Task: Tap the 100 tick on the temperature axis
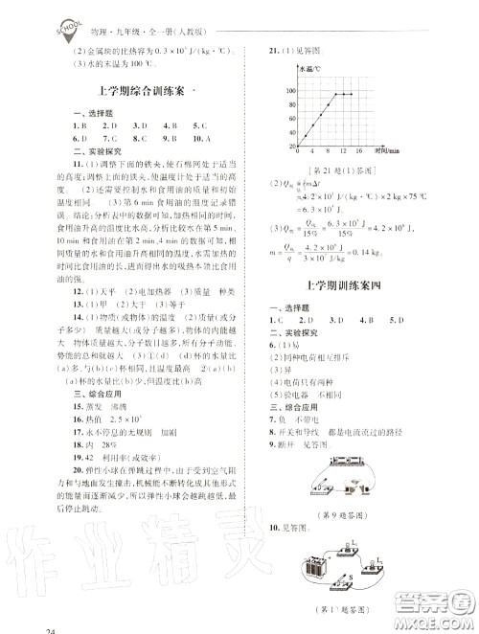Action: (x=289, y=90)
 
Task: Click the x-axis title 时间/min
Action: (x=386, y=150)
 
